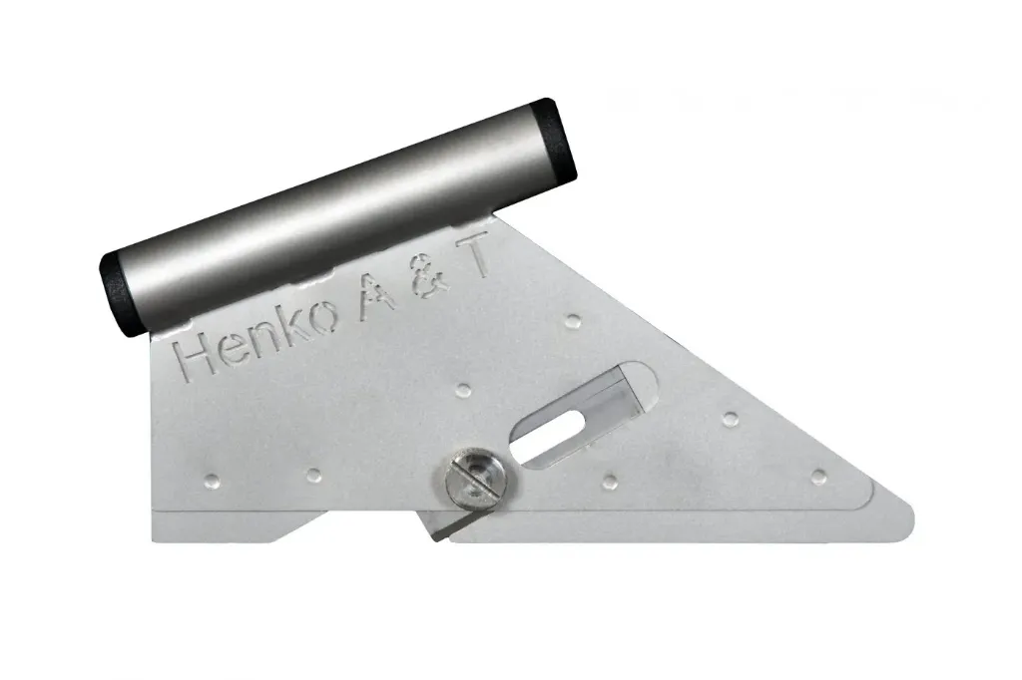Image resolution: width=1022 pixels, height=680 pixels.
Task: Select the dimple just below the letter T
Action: [573, 320]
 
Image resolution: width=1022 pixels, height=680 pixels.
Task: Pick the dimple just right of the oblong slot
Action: [730, 417]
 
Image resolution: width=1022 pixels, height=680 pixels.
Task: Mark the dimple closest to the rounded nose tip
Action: [817, 476]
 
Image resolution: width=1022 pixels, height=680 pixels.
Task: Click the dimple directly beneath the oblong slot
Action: [609, 481]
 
